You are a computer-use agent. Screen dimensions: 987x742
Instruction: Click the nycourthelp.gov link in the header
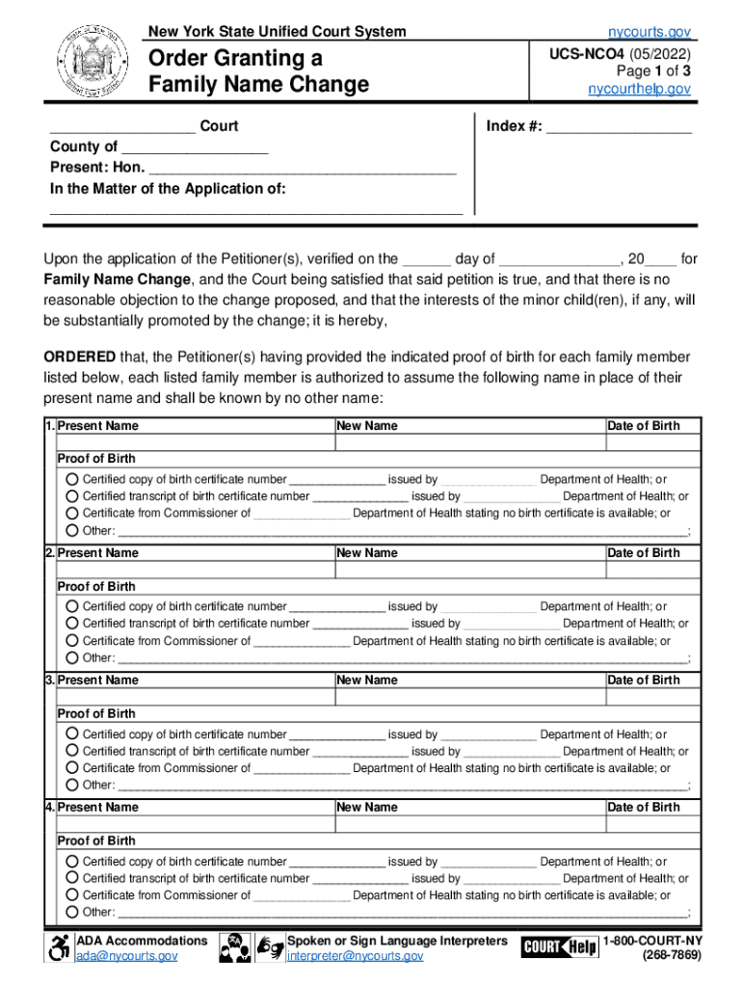click(640, 89)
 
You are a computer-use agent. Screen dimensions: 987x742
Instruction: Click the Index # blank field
click(619, 126)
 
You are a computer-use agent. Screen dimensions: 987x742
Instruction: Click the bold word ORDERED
click(80, 357)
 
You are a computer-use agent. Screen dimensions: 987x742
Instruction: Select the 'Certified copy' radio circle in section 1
click(72, 479)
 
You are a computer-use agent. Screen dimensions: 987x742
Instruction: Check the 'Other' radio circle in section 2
click(72, 657)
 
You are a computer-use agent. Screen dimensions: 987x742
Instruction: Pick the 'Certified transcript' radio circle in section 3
click(72, 751)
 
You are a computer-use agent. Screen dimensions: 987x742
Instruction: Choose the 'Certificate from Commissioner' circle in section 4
click(72, 894)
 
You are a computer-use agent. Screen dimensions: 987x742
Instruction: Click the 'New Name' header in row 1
click(367, 426)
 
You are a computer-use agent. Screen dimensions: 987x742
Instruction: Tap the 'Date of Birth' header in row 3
click(643, 680)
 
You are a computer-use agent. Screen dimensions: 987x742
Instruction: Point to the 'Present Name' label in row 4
click(98, 808)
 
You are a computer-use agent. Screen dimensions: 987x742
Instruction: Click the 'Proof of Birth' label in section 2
click(96, 586)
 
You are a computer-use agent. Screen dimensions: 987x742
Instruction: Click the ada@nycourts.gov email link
click(126, 956)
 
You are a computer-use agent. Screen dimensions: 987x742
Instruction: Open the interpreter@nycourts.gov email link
click(355, 956)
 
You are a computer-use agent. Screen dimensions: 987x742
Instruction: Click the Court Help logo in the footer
click(559, 947)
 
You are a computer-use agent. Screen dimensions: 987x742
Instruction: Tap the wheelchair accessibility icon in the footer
click(59, 947)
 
